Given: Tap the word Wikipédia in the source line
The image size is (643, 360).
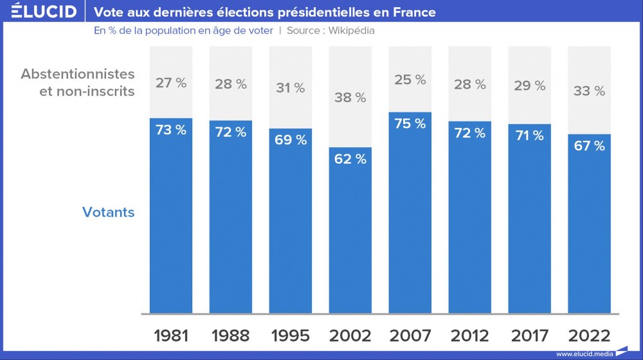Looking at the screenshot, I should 352,30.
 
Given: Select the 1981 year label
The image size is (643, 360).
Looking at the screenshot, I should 171,335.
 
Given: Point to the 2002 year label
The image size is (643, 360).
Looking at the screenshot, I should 350,335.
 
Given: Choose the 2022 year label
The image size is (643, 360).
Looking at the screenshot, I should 590,335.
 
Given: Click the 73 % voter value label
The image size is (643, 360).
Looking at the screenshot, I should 171,129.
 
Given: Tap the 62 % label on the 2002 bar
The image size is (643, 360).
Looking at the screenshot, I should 350,158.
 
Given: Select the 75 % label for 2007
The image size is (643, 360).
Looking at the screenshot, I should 410,123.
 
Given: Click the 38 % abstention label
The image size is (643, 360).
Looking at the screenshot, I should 350,98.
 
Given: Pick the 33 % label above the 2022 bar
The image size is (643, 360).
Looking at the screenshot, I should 590,91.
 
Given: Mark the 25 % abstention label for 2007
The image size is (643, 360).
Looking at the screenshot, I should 410,80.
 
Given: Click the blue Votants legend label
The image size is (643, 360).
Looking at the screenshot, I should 109,212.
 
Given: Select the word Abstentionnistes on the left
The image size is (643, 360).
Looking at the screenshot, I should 78,74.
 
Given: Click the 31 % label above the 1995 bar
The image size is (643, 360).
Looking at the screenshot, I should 291,88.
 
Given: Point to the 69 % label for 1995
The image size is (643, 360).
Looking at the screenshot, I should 291,139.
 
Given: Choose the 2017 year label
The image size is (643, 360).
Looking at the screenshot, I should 530,335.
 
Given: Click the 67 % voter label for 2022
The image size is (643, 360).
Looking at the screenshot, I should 590,146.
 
